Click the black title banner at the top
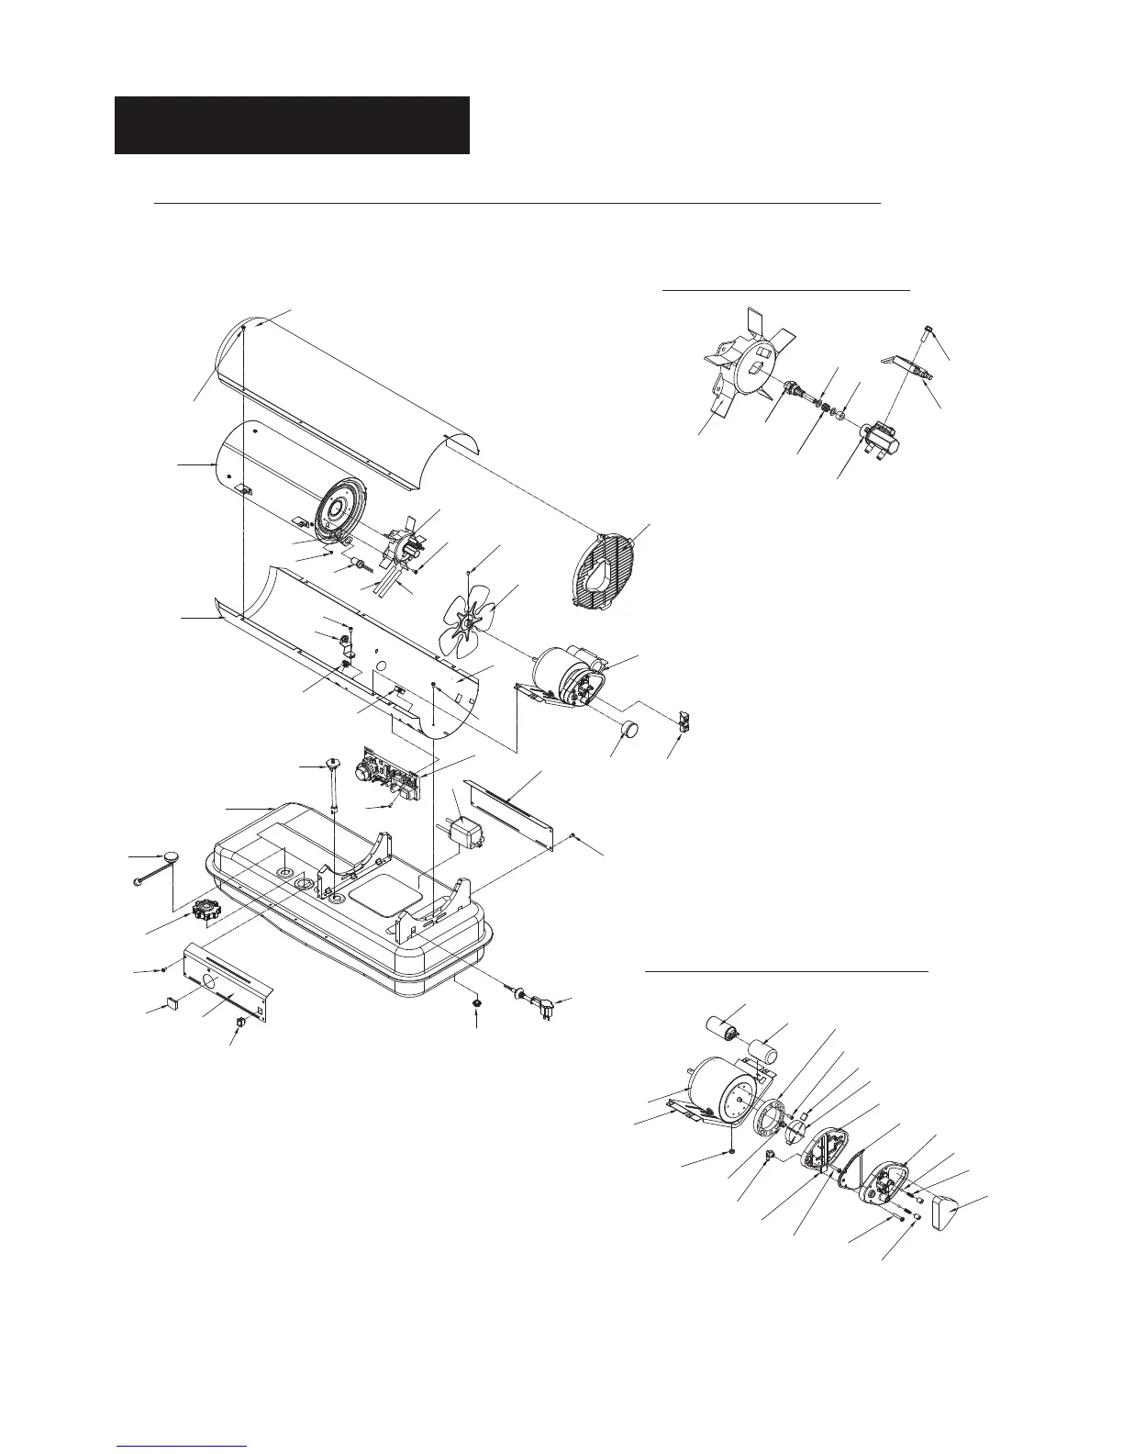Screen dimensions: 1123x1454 [x=292, y=125]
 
